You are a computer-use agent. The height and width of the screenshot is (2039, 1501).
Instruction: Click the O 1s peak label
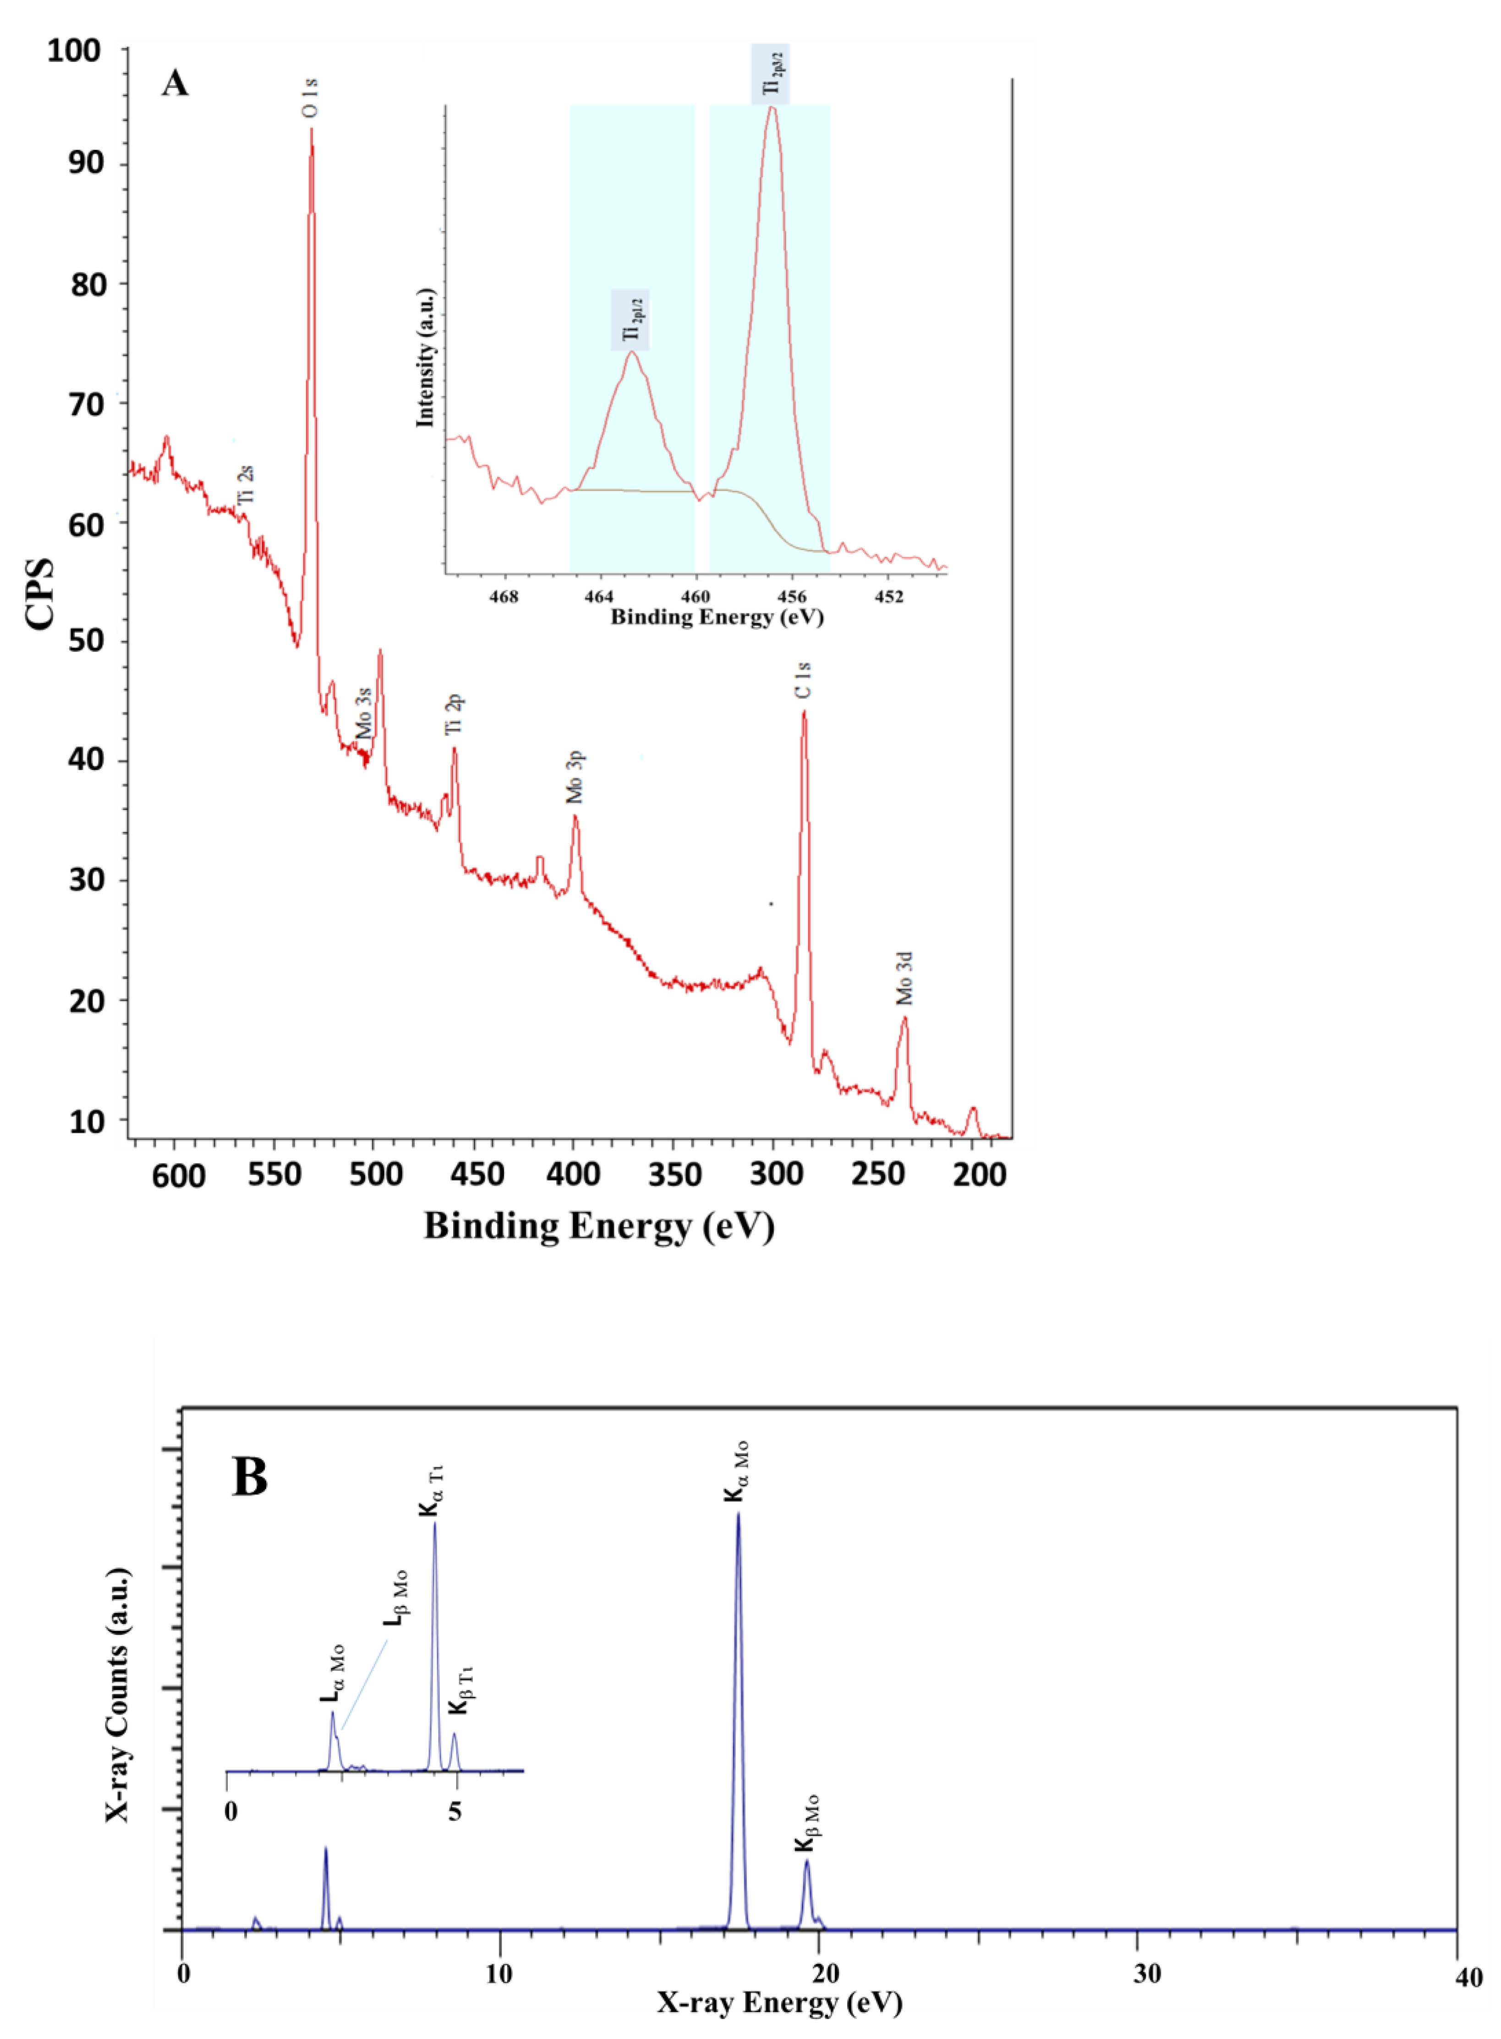310,98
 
